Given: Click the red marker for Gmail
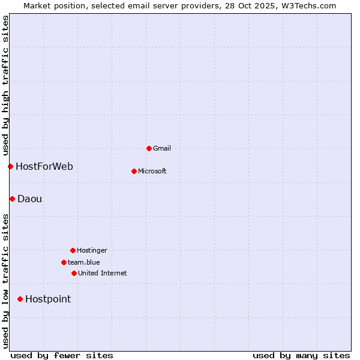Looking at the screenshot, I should (x=149, y=148).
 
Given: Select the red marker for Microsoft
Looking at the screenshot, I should (x=134, y=171).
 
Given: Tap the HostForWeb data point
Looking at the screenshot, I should (x=10, y=166).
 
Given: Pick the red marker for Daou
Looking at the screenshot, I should (x=12, y=199).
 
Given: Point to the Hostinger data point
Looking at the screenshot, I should (x=73, y=250).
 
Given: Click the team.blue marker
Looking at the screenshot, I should (x=64, y=262).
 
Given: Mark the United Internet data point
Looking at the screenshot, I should (x=74, y=273).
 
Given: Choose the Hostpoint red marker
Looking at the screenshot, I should (x=20, y=299).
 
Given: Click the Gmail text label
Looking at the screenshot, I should (x=162, y=148).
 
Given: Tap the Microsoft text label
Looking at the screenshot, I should (x=152, y=171).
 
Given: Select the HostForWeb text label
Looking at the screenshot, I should (x=44, y=166).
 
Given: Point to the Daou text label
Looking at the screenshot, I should (x=30, y=199).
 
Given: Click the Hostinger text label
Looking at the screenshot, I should (x=92, y=250).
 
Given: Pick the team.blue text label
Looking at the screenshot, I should (x=84, y=262).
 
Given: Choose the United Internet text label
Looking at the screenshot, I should (x=103, y=273).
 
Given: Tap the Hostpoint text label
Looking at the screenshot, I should (x=48, y=299).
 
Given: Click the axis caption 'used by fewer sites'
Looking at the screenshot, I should (x=62, y=355).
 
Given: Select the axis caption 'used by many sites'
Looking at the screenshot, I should (x=301, y=355).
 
